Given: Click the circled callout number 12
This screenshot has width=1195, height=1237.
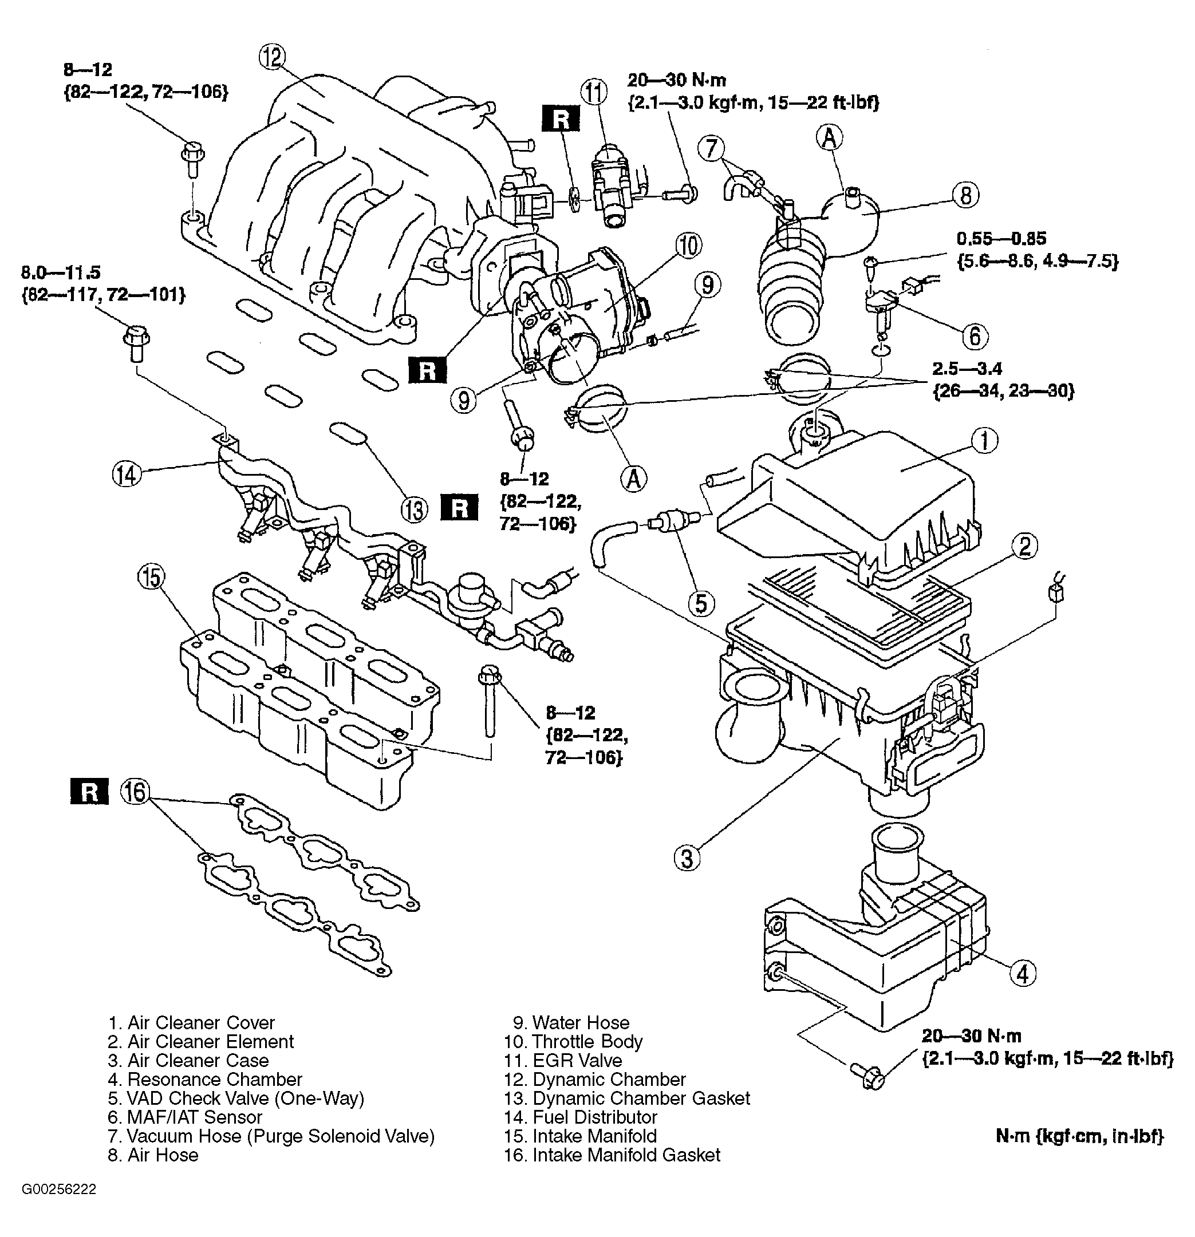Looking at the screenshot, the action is click(x=272, y=58).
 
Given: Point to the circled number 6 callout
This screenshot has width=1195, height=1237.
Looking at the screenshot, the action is click(x=975, y=337).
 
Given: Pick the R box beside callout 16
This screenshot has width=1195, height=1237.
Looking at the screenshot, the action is click(x=89, y=792).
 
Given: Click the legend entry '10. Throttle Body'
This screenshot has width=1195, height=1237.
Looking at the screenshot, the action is click(x=573, y=1041).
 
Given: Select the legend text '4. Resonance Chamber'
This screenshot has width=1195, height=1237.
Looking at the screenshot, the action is click(x=204, y=1079).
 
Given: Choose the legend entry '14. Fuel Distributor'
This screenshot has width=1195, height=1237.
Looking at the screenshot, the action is click(x=581, y=1117).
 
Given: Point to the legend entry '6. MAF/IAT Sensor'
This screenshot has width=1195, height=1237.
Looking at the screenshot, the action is click(x=184, y=1117).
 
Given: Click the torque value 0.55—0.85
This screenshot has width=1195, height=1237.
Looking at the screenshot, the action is click(x=1001, y=239).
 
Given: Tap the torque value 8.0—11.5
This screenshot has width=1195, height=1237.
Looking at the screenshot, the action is click(x=61, y=272).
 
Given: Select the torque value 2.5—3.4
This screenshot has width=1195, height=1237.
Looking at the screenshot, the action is click(x=967, y=369).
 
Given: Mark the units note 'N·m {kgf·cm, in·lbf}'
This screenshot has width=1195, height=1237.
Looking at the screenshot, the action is click(x=1079, y=1136).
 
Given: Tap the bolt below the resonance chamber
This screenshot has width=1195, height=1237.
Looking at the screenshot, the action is click(x=868, y=1075).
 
